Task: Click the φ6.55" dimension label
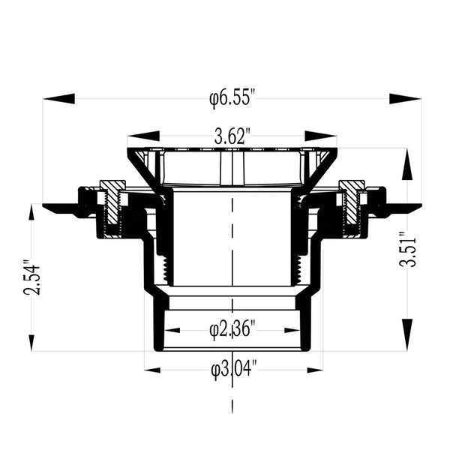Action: pyautogui.click(x=232, y=97)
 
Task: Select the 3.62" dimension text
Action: pyautogui.click(x=232, y=136)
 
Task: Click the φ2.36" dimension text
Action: pyautogui.click(x=232, y=328)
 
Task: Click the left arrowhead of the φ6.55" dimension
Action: pyautogui.click(x=58, y=98)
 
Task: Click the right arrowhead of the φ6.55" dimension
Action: pyautogui.click(x=405, y=98)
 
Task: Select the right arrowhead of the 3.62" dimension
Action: pyautogui.click(x=321, y=136)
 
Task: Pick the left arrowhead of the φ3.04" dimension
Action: pyautogui.click(x=158, y=369)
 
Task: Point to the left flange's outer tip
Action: pyautogui.click(x=46, y=208)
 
